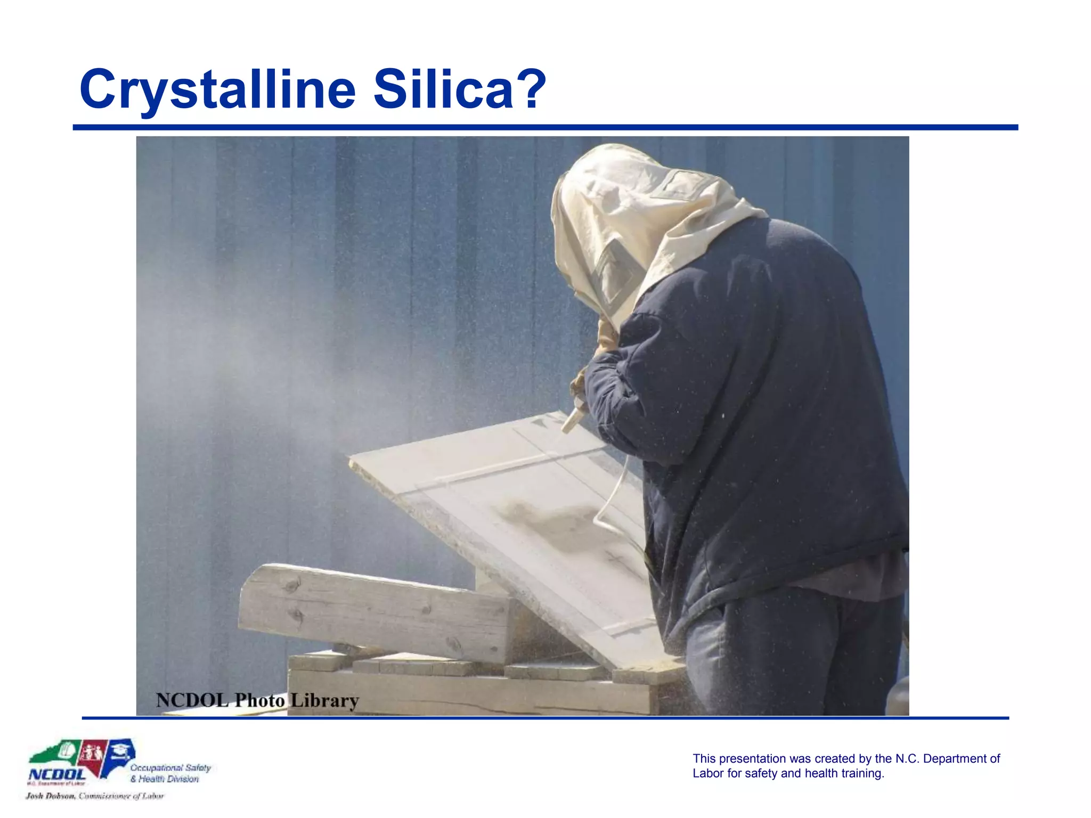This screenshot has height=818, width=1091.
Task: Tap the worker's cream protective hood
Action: (639, 213)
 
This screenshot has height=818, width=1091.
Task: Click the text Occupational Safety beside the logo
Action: (170, 767)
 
